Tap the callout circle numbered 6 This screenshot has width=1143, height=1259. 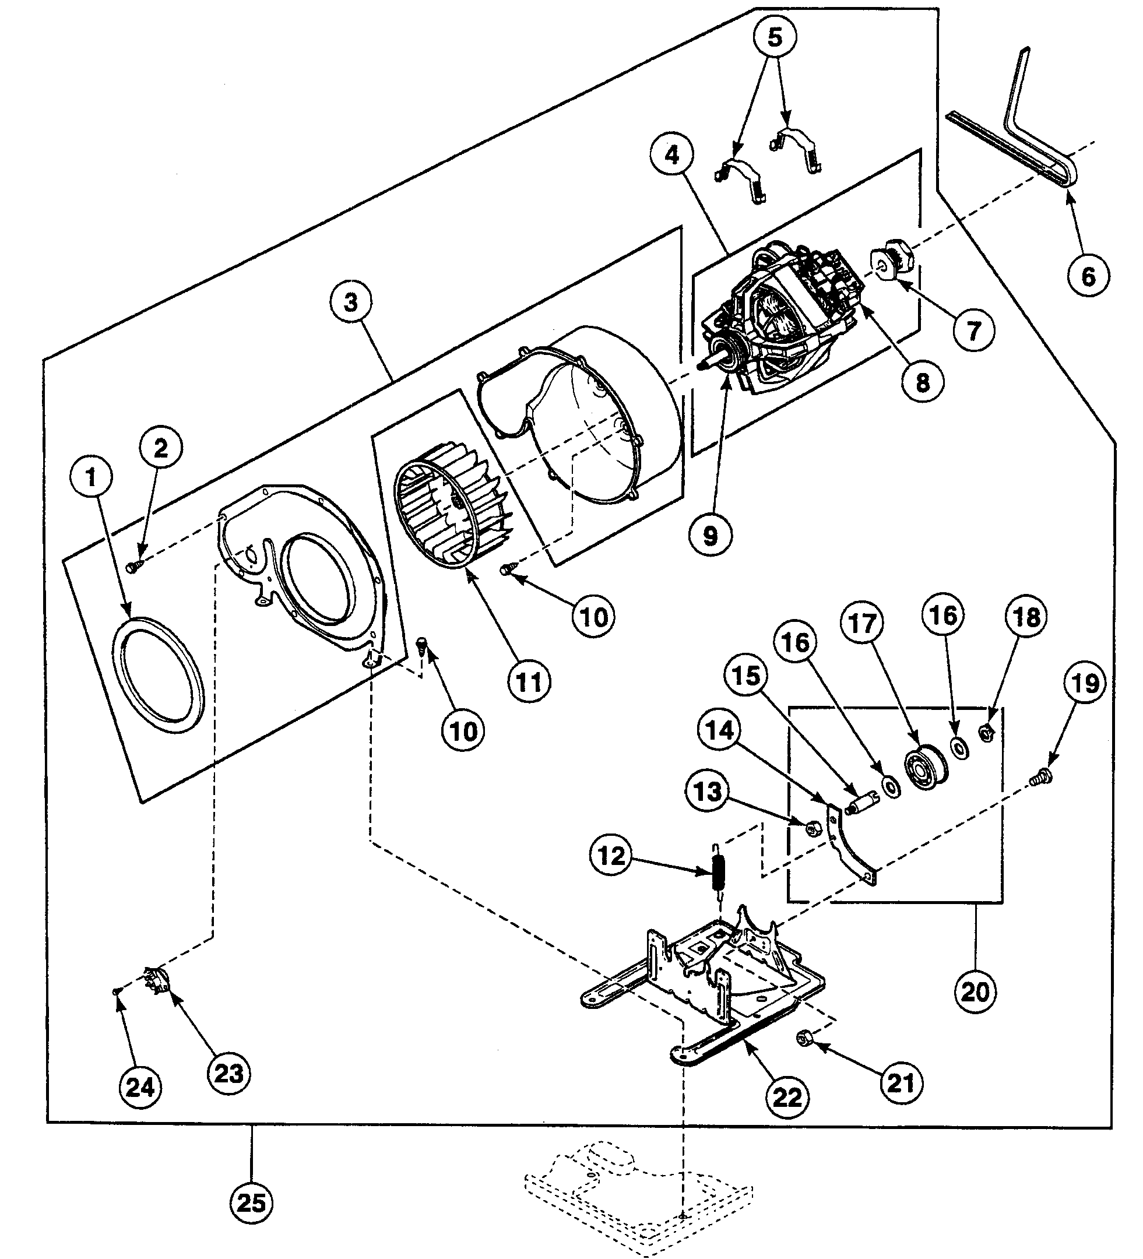(x=1088, y=275)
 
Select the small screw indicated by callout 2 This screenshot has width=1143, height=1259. (x=133, y=567)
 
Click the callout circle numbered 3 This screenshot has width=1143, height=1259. (x=350, y=303)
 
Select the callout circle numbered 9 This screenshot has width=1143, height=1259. (x=710, y=535)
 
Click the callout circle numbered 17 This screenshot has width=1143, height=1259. (x=863, y=623)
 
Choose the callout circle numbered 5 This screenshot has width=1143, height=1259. (x=775, y=37)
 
